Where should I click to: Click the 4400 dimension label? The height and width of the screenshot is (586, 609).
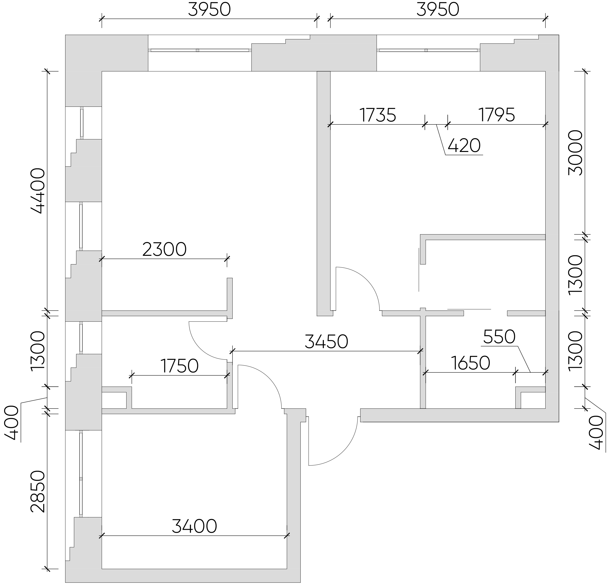38,191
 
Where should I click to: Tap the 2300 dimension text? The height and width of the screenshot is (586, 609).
164,249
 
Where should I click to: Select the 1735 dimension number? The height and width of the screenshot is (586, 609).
378,115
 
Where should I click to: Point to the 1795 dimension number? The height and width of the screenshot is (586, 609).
496,115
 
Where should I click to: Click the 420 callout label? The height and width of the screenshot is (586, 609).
464,145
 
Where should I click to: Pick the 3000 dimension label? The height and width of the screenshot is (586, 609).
575,153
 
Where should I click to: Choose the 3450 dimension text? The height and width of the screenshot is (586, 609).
326,341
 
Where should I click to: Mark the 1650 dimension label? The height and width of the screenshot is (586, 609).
470,363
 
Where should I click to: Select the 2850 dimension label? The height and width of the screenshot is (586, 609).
38,491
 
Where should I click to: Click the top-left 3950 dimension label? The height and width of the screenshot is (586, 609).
209,10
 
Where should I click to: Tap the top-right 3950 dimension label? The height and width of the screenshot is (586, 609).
438,10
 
